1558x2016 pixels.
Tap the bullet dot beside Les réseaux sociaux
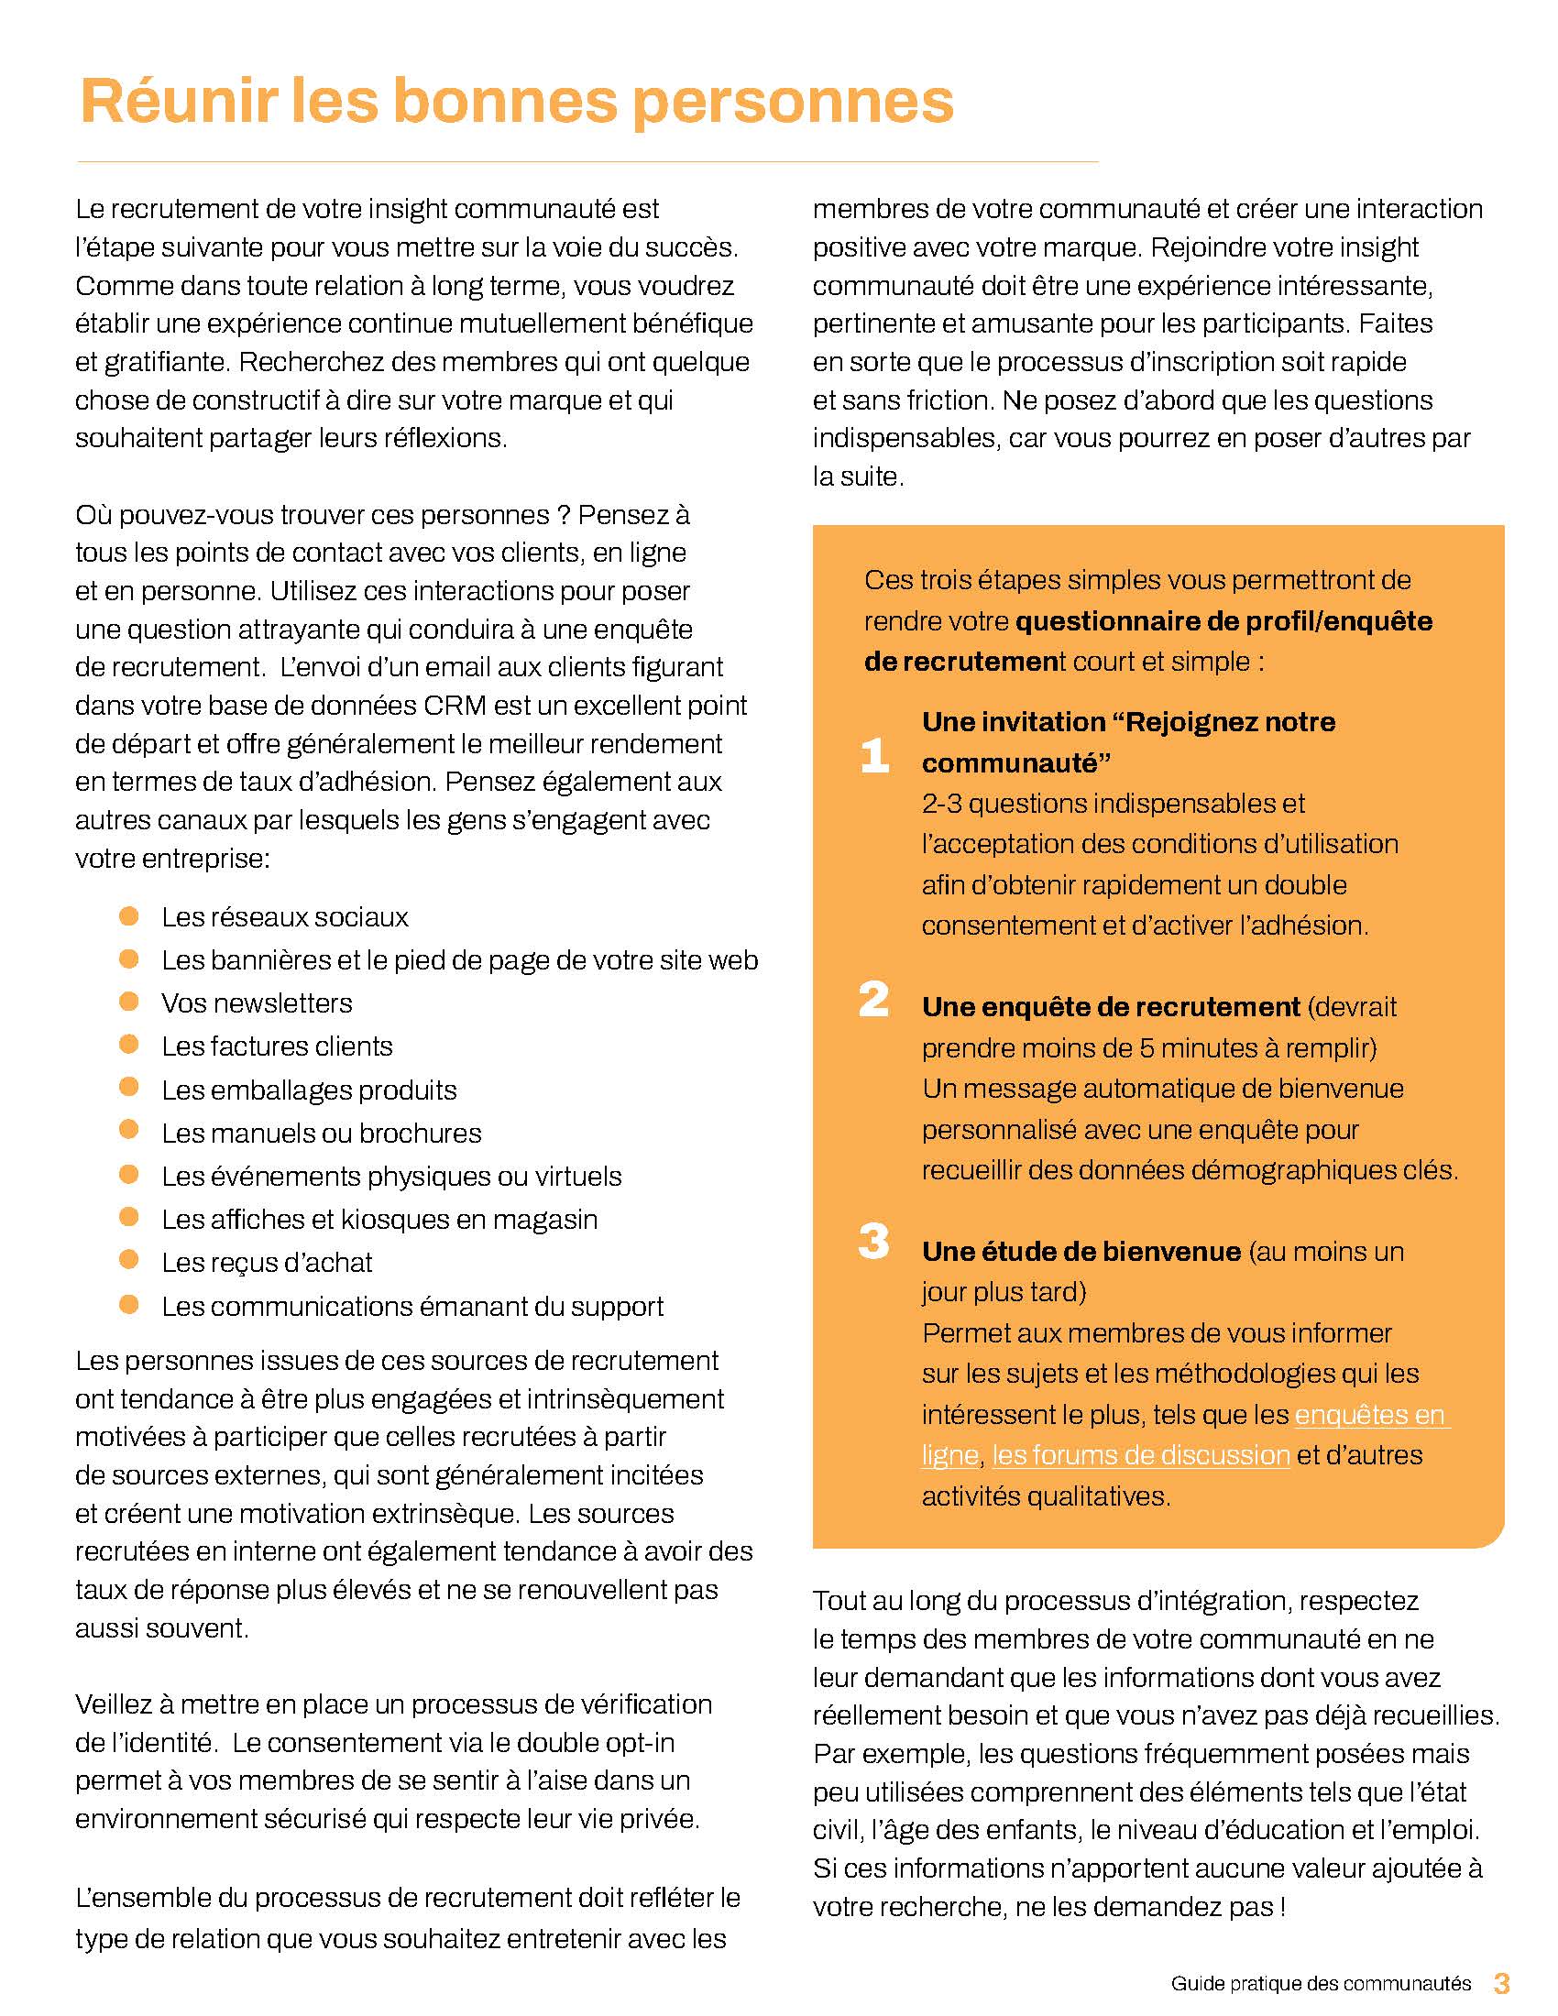pyautogui.click(x=129, y=915)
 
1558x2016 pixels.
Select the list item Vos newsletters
pyautogui.click(x=257, y=1003)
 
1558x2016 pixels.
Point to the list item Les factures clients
pyautogui.click(x=277, y=1046)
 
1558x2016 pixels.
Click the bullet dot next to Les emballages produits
pyautogui.click(x=129, y=1089)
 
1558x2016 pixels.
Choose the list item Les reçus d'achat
pyautogui.click(x=267, y=1262)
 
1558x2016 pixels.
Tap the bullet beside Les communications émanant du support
pyautogui.click(x=129, y=1304)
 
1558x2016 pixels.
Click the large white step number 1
pyautogui.click(x=874, y=755)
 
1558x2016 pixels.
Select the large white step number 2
pyautogui.click(x=873, y=1000)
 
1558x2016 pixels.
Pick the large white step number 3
pyautogui.click(x=873, y=1242)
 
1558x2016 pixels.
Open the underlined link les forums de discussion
pyautogui.click(x=1141, y=1456)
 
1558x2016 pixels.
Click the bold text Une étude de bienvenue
pyautogui.click(x=1081, y=1252)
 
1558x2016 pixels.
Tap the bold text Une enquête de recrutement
pyautogui.click(x=1111, y=1007)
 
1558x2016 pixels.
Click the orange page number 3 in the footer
pyautogui.click(x=1502, y=1983)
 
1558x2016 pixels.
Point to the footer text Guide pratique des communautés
pyautogui.click(x=1321, y=1984)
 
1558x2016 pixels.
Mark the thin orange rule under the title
pyautogui.click(x=587, y=162)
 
